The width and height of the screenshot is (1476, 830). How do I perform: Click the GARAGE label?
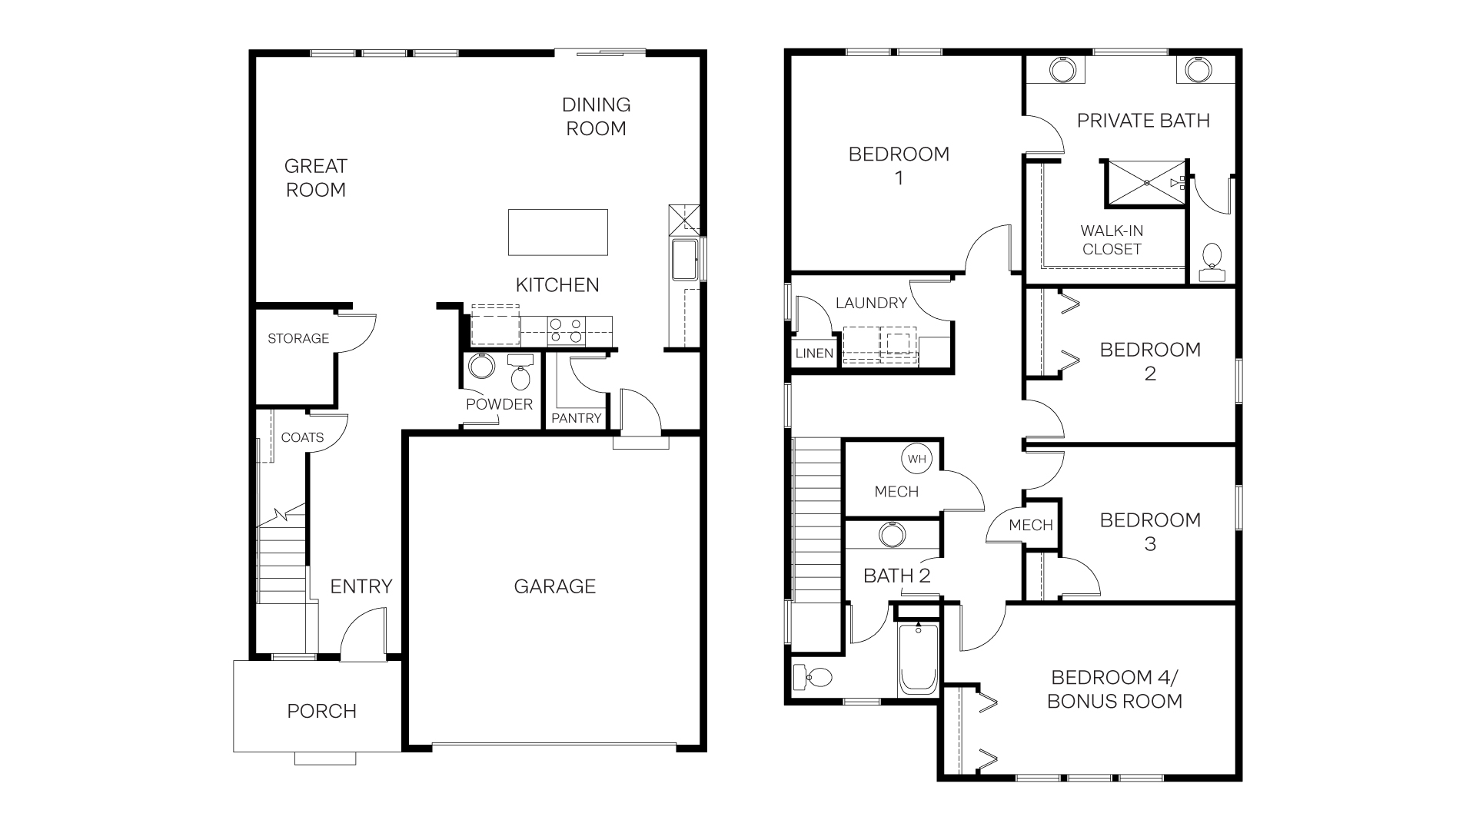click(554, 586)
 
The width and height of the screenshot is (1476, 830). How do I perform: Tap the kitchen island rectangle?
click(557, 232)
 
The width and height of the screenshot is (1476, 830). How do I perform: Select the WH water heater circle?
click(917, 459)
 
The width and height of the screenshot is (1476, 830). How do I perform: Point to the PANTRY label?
click(577, 418)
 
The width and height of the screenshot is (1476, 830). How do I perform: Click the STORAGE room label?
click(298, 338)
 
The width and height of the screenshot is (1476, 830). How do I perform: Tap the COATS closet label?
click(302, 437)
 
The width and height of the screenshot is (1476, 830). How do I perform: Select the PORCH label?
click(321, 711)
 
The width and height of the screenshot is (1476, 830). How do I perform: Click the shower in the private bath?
click(1145, 183)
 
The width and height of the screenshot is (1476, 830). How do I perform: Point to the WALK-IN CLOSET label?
click(1112, 240)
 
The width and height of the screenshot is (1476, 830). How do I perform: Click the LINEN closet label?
click(814, 354)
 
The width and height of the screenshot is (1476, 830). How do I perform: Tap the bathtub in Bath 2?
click(918, 660)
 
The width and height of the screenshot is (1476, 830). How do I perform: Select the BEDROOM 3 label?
click(1150, 532)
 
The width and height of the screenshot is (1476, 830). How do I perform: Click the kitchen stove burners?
click(566, 330)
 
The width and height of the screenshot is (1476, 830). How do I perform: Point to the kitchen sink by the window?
click(684, 260)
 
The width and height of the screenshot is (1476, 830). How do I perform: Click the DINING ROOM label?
click(596, 117)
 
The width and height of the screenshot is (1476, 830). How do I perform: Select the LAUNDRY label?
click(871, 303)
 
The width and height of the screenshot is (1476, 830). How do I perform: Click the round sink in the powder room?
click(481, 366)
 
